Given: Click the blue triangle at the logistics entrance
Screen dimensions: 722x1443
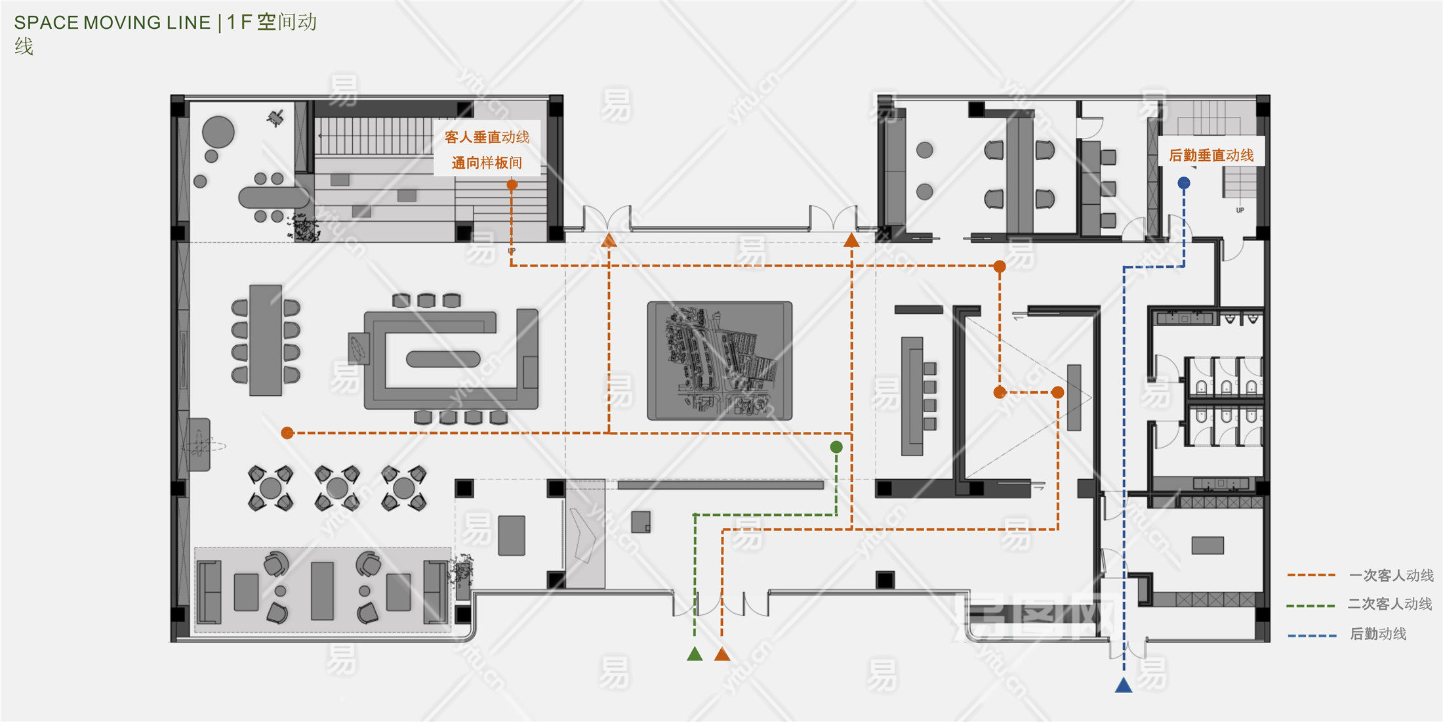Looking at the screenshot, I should pyautogui.click(x=1124, y=686).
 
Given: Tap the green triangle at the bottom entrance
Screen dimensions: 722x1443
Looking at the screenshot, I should pyautogui.click(x=695, y=654).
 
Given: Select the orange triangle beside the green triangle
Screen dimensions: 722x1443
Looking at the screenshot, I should pyautogui.click(x=722, y=654).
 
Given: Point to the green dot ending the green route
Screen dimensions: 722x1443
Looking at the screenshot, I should pyautogui.click(x=836, y=447).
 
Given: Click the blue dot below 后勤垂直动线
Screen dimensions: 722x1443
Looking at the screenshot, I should pyautogui.click(x=1184, y=183).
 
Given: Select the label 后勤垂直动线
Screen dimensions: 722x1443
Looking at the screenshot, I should pyautogui.click(x=1211, y=156).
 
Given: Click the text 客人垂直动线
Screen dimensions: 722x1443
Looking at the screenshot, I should pyautogui.click(x=487, y=137).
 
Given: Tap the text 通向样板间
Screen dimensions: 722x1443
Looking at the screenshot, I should pyautogui.click(x=487, y=163).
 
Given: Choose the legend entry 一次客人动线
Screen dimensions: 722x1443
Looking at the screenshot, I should pyautogui.click(x=1391, y=576).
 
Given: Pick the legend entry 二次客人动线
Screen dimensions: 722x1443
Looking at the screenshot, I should pyautogui.click(x=1389, y=604).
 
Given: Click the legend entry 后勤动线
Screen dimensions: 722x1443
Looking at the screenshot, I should pyautogui.click(x=1377, y=634).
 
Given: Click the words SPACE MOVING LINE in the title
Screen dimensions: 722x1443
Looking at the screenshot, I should pyautogui.click(x=112, y=23).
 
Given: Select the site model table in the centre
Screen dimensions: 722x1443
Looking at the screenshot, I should pyautogui.click(x=720, y=360).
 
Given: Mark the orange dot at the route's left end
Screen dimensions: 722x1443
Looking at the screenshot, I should pyautogui.click(x=287, y=433).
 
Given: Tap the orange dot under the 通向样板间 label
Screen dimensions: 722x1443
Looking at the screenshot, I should pyautogui.click(x=512, y=185).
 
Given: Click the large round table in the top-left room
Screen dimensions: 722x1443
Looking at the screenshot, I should pyautogui.click(x=218, y=132).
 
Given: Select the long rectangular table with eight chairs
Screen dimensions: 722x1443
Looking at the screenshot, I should pyautogui.click(x=266, y=340).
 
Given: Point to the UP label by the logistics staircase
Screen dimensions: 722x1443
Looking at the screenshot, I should pyautogui.click(x=1240, y=211).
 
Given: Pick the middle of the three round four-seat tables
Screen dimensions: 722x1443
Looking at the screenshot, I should pyautogui.click(x=337, y=488).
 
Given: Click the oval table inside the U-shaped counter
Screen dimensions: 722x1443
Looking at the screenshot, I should pyautogui.click(x=443, y=359).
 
